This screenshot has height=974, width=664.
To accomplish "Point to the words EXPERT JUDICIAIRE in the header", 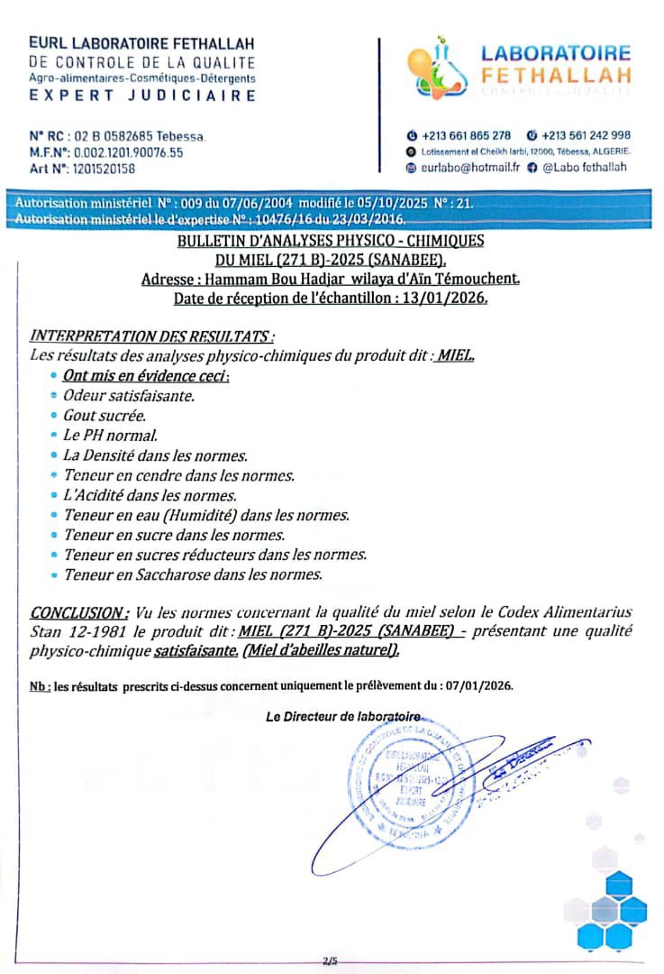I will (142, 95).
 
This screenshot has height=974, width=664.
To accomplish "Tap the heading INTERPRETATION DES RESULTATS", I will (152, 336).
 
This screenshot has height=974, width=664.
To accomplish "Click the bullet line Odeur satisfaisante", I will (129, 394).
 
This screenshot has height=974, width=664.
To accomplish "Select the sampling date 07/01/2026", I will (475, 685).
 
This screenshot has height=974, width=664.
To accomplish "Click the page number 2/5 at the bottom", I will (329, 961).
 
